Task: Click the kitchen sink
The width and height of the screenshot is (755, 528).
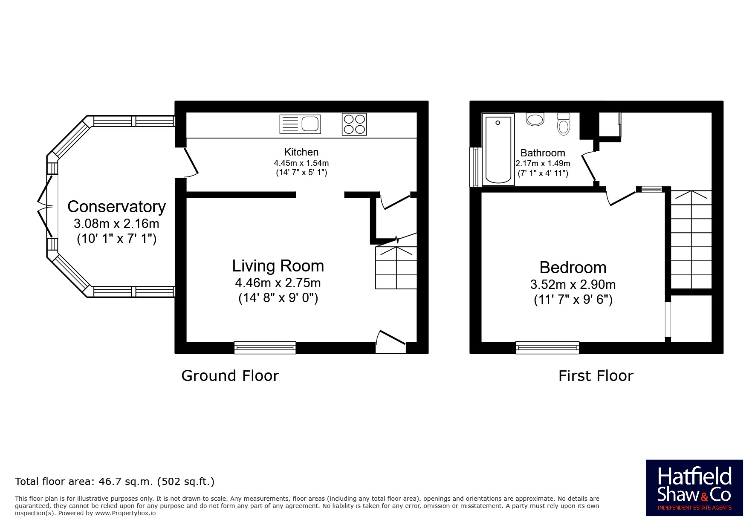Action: [x=300, y=124]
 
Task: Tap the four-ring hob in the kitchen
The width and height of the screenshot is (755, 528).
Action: [x=354, y=124]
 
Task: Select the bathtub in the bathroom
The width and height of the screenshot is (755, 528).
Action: [x=498, y=150]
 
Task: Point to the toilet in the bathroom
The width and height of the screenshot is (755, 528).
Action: [x=564, y=124]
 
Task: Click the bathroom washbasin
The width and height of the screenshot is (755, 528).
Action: [x=535, y=119]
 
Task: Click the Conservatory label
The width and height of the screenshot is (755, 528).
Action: [x=116, y=207]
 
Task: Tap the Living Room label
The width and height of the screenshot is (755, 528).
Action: [x=278, y=266]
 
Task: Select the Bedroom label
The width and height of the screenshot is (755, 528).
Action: [x=573, y=268]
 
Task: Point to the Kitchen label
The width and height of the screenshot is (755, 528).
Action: [x=301, y=152]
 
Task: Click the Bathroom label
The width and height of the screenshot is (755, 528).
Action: [x=543, y=153]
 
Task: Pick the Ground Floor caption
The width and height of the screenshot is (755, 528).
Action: [x=230, y=376]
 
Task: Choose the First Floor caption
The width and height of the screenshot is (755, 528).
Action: [x=596, y=376]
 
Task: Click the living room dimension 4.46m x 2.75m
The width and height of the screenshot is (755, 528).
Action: [x=278, y=283]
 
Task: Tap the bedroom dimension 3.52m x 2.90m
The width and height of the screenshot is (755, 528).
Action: [x=573, y=285]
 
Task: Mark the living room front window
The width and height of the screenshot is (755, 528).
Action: [x=265, y=348]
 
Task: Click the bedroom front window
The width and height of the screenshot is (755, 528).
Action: [x=547, y=348]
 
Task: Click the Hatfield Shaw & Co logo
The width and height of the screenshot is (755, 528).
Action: [x=694, y=488]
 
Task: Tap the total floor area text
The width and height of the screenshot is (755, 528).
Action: [x=115, y=482]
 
